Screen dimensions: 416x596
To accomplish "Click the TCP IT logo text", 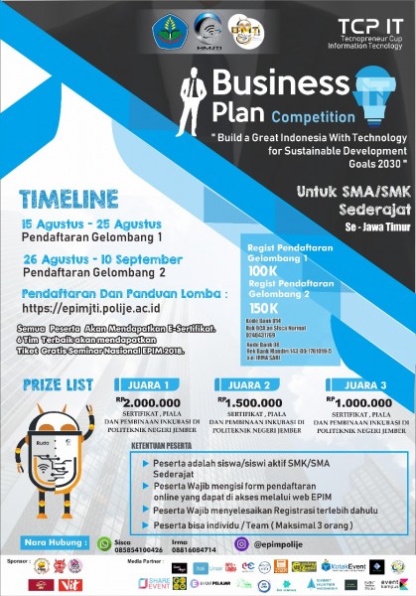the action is tap(366, 26).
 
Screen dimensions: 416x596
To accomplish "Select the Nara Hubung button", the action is tap(54, 543).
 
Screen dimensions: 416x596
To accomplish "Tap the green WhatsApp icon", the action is tap(104, 543).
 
